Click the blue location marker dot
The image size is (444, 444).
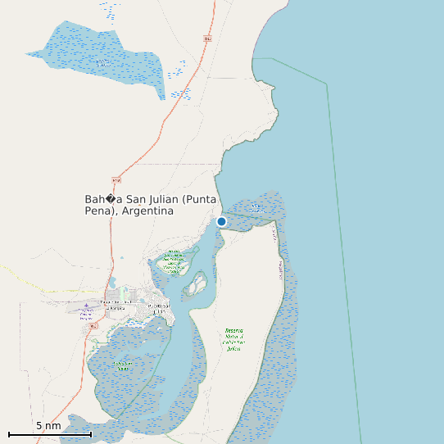coord(221,221)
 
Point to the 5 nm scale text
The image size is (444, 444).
coord(48,426)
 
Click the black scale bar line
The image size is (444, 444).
coord(49,434)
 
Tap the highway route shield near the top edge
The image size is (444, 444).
coord(206,39)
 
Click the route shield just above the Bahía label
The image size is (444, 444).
coord(116,179)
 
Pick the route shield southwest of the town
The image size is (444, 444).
coord(93,325)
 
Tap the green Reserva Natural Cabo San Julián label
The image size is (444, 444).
coord(234,338)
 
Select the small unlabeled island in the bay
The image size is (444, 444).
coord(197,285)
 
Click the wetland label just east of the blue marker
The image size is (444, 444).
coord(257,209)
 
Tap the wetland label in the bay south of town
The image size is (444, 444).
coord(122,365)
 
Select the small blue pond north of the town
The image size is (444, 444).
coord(122,258)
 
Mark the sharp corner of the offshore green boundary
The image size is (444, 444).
coord(328,84)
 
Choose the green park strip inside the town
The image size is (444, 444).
coord(124,292)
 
